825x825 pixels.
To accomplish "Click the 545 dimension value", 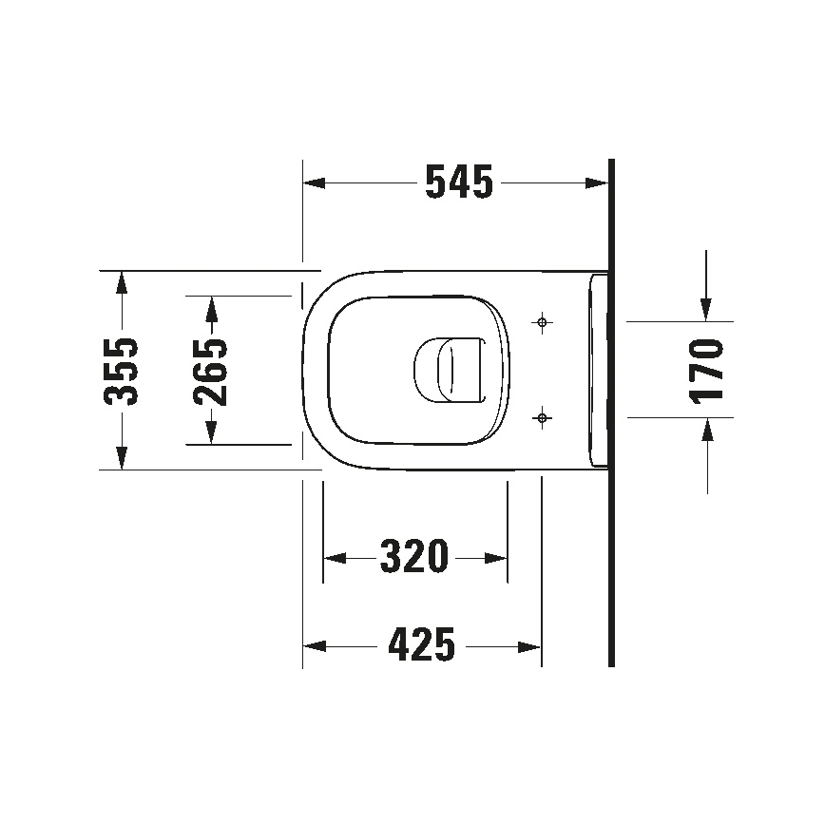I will (x=459, y=182).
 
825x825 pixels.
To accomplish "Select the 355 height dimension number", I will (x=121, y=371).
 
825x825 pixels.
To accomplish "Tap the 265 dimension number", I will (x=211, y=371).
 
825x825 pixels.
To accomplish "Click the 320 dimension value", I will (x=414, y=557).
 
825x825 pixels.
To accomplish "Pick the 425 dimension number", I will (x=422, y=646).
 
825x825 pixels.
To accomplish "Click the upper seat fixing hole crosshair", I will (x=542, y=323).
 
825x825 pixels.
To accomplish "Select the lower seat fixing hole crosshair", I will (x=542, y=416).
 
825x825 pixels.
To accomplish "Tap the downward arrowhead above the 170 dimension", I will (x=706, y=309).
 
